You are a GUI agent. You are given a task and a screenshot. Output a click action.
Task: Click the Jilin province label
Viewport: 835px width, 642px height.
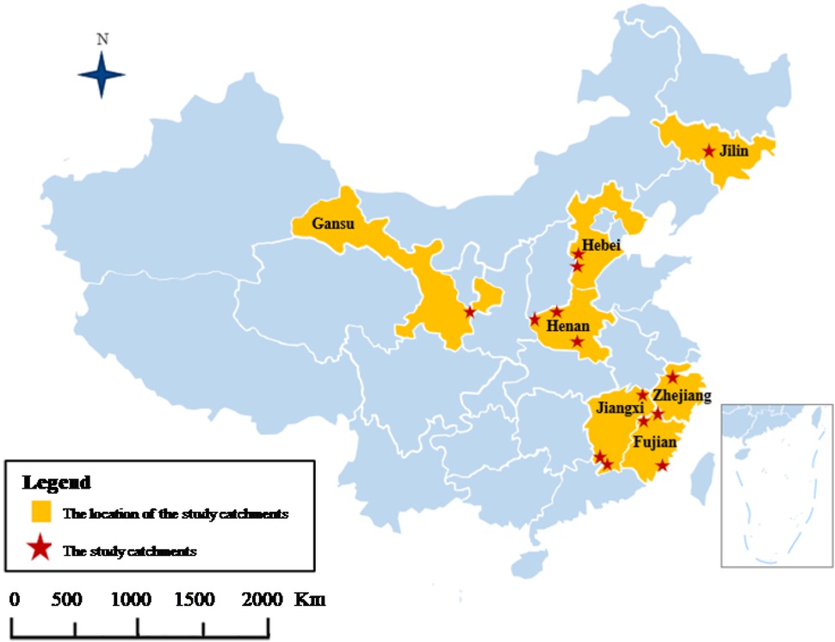[734, 152]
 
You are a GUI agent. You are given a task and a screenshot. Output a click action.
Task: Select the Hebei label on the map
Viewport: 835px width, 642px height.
[601, 246]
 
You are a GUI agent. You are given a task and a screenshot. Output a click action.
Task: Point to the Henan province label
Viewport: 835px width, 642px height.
[568, 327]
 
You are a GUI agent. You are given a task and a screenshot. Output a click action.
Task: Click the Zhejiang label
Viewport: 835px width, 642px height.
[682, 396]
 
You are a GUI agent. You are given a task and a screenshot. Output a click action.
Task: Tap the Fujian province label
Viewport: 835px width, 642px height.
[656, 442]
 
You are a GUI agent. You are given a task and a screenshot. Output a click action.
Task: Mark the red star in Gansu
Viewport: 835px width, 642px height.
[469, 311]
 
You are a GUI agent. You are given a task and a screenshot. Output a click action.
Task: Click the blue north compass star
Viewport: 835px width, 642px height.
[102, 75]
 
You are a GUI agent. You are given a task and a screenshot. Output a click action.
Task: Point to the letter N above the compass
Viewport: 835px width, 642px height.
[102, 39]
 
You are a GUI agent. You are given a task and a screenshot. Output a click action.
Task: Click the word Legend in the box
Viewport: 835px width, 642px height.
[57, 482]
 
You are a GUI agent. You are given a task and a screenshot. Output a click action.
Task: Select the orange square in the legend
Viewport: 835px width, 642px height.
[40, 513]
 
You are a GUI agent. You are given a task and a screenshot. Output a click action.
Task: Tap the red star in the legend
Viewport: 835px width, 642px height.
[40, 551]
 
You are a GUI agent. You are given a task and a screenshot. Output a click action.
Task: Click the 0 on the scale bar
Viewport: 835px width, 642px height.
[14, 600]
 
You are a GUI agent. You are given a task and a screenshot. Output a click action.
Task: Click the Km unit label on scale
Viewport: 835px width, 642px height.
[310, 600]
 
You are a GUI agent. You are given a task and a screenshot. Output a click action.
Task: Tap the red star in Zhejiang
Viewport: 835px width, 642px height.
[672, 377]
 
